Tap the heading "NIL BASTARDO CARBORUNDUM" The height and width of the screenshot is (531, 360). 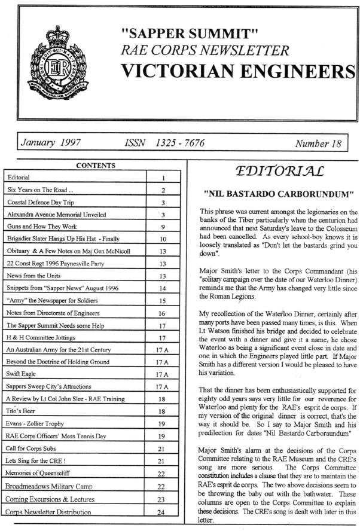(x=267, y=194)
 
